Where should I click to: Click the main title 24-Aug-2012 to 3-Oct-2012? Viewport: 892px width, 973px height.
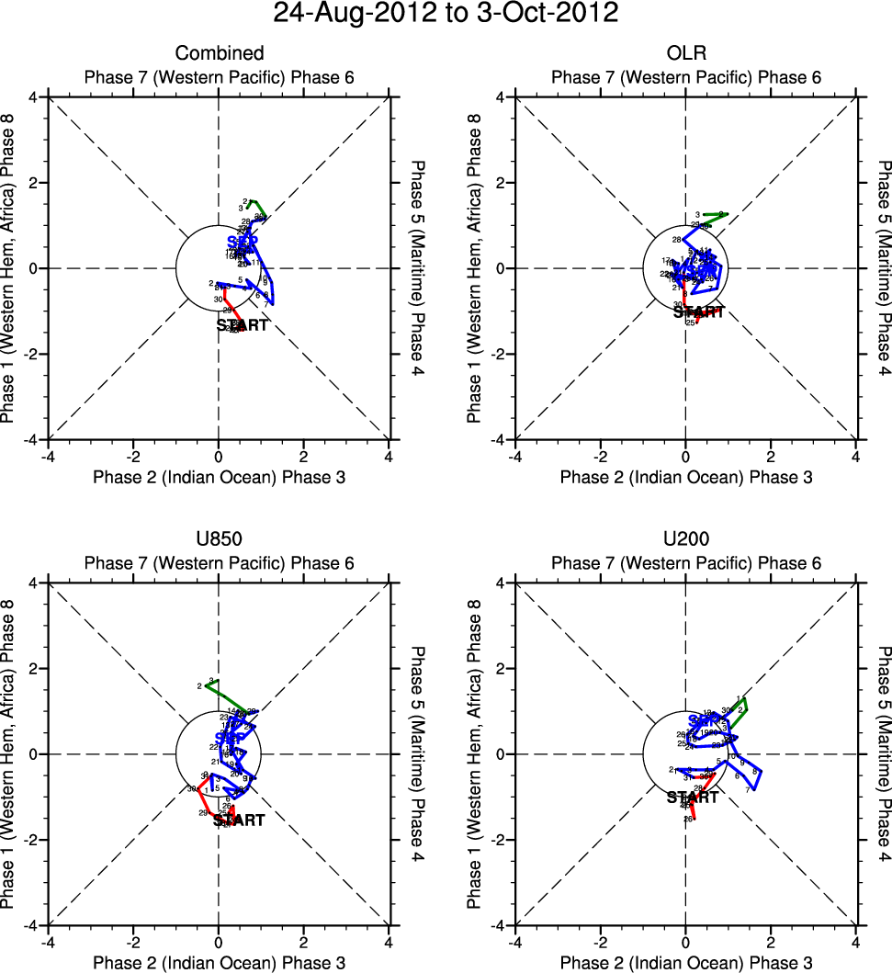click(446, 14)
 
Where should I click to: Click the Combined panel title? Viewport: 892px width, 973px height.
click(220, 53)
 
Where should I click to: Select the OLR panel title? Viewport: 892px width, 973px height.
click(685, 53)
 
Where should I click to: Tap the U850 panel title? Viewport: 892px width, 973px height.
click(220, 539)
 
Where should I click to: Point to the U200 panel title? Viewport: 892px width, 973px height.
click(685, 539)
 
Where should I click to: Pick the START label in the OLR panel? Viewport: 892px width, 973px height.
click(699, 312)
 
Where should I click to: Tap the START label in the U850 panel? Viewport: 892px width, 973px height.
click(239, 820)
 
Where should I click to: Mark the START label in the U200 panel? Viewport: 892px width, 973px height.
click(693, 798)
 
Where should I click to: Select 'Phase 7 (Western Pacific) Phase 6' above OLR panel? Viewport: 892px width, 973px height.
click(685, 77)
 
